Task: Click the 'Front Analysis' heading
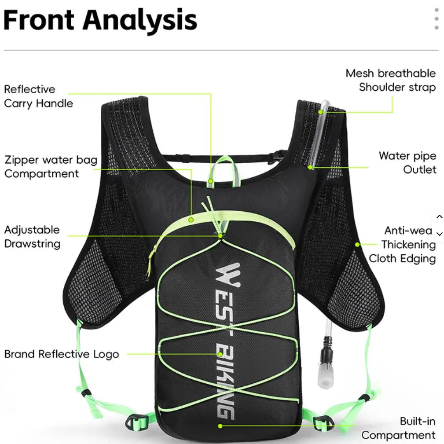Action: [x=100, y=20]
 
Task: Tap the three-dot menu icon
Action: [x=437, y=18]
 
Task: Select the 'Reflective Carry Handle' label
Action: [x=39, y=96]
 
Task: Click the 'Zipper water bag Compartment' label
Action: [x=51, y=166]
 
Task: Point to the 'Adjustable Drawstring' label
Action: [x=32, y=237]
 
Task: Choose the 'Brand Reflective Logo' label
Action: [x=62, y=354]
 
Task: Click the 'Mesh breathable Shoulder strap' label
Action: [x=391, y=80]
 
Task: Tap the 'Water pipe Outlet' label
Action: [x=407, y=162]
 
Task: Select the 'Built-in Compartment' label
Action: [x=398, y=428]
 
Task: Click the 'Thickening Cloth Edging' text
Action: [x=402, y=251]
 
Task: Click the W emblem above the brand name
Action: [x=228, y=275]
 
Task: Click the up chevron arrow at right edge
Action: [x=439, y=217]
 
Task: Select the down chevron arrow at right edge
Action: [x=439, y=234]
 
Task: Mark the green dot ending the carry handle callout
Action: [x=210, y=181]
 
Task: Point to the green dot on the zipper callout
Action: [x=191, y=220]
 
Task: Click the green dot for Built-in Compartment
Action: [x=220, y=426]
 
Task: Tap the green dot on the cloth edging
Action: [x=357, y=244]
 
